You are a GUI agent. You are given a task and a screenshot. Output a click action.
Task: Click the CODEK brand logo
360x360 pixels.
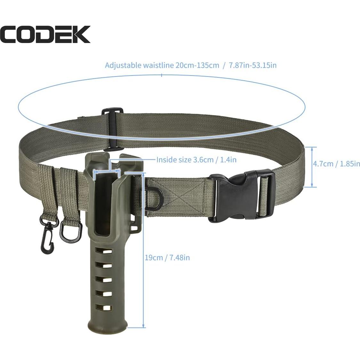(45, 34)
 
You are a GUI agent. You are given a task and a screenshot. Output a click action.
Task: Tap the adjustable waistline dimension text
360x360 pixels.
(191, 65)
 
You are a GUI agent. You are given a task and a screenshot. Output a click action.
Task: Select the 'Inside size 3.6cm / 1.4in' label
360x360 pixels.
(196, 159)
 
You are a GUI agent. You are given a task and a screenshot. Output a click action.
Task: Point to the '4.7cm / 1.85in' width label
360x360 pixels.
(336, 164)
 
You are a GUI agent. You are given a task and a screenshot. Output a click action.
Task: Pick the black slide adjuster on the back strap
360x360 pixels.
(113, 130)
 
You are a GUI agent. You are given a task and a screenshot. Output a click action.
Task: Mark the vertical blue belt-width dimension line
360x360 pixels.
(313, 167)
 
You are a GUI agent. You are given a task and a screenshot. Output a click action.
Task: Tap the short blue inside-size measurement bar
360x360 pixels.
(107, 172)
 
